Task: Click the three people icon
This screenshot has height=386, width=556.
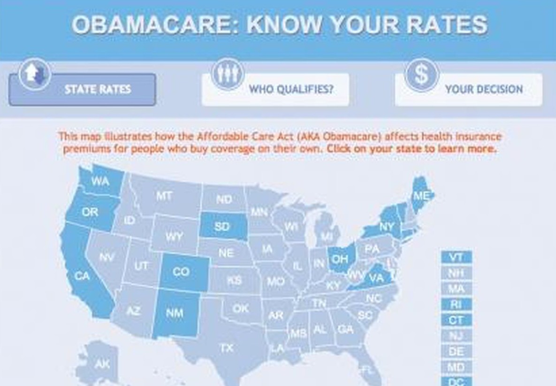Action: pyautogui.click(x=228, y=74)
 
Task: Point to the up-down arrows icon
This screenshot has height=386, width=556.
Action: pyautogui.click(x=34, y=74)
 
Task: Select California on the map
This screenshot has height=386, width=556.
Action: pyautogui.click(x=82, y=276)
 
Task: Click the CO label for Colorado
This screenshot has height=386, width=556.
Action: pyautogui.click(x=181, y=272)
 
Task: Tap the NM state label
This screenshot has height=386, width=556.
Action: pyautogui.click(x=175, y=313)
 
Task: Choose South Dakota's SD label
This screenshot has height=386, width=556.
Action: pyautogui.click(x=222, y=227)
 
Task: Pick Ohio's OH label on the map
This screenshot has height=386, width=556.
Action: pyautogui.click(x=339, y=259)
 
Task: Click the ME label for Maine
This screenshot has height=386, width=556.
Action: pyautogui.click(x=420, y=196)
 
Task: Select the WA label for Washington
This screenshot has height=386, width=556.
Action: pyautogui.click(x=100, y=181)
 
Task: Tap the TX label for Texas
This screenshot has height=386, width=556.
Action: pyautogui.click(x=227, y=348)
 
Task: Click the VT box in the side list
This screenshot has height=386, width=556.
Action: pyautogui.click(x=456, y=257)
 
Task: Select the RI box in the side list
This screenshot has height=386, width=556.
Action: pyautogui.click(x=456, y=305)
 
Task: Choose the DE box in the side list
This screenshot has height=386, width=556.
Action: pyautogui.click(x=456, y=352)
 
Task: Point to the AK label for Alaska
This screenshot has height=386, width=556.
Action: pyautogui.click(x=102, y=364)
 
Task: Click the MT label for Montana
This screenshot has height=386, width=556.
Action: pyautogui.click(x=164, y=196)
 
